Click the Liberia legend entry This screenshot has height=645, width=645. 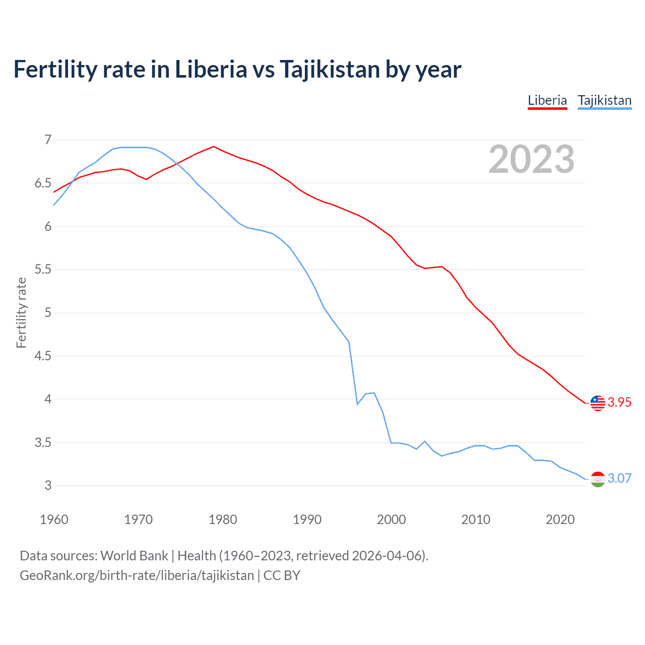[x=547, y=100]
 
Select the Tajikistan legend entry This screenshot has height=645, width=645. [x=604, y=100]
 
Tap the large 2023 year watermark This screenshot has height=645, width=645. [x=531, y=159]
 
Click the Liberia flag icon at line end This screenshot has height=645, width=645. [x=598, y=403]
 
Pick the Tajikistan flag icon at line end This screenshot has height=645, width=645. [x=598, y=479]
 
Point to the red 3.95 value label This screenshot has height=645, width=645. [x=619, y=402]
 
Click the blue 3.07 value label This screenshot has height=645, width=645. [x=619, y=478]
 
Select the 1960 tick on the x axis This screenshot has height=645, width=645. [x=54, y=520]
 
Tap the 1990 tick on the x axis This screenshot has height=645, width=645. [x=307, y=520]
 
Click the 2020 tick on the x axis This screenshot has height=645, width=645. [x=560, y=520]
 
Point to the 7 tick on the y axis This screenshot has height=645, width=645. [x=48, y=140]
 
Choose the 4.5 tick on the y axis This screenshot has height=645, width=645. [x=43, y=356]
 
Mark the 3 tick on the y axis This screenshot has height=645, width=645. [x=48, y=486]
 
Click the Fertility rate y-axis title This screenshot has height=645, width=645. [x=21, y=312]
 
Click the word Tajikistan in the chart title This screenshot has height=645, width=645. [x=330, y=69]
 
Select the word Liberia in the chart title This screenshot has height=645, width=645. [x=211, y=69]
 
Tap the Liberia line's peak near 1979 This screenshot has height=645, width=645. [x=214, y=147]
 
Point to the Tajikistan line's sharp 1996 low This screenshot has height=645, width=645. [x=357, y=404]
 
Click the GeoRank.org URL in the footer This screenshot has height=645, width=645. [x=137, y=575]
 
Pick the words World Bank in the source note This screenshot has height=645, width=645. [x=134, y=555]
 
